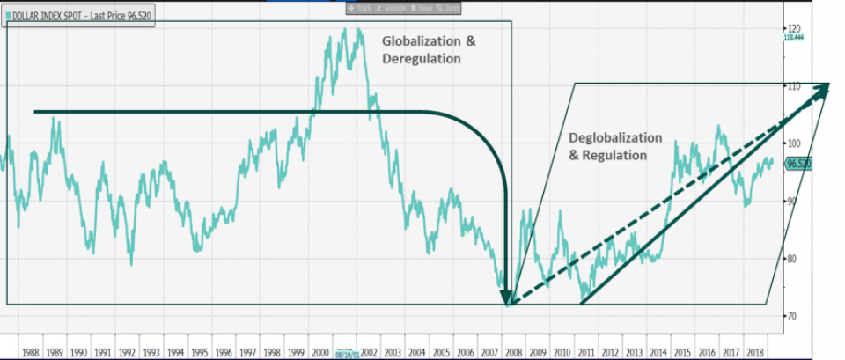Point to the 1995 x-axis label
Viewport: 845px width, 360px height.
pos(200,350)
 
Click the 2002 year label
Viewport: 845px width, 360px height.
pos(368,350)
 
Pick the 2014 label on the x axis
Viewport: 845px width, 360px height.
pos(657,350)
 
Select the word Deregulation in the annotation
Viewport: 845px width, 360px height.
pos(421,59)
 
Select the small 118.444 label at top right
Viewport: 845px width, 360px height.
pos(794,38)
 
